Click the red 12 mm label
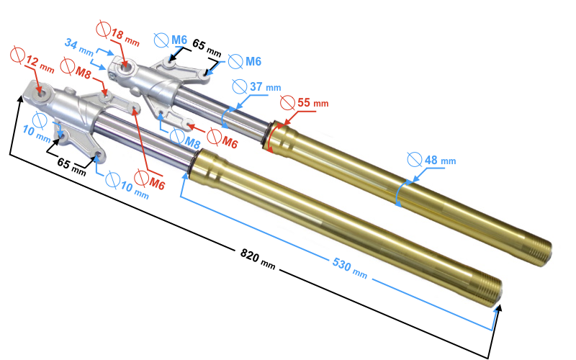[x=40, y=65]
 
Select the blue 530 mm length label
[x=349, y=268]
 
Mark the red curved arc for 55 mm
[x=269, y=136]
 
